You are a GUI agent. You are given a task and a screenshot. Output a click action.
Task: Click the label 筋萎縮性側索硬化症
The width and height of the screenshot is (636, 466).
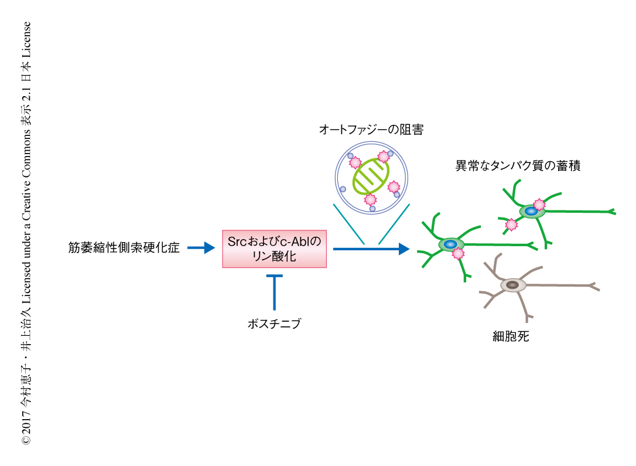124,249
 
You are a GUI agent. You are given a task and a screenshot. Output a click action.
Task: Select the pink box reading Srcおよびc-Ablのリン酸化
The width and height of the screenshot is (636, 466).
274,249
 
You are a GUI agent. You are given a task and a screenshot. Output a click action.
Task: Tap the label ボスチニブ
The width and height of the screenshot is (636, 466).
274,323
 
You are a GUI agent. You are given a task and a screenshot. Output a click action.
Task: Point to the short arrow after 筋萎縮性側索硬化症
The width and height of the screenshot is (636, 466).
201,249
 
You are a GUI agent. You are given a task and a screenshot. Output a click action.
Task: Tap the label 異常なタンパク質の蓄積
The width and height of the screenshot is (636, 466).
518,165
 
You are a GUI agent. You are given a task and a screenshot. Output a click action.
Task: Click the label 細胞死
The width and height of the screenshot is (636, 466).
511,337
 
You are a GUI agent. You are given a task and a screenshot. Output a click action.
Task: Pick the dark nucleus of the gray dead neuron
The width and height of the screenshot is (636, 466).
512,285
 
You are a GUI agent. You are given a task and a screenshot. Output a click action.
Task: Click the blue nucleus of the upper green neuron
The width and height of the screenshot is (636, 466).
531,211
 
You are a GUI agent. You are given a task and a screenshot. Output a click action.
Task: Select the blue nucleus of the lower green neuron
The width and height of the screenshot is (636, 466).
450,244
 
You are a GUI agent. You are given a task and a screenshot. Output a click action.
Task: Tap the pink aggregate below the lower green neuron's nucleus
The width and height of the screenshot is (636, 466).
457,254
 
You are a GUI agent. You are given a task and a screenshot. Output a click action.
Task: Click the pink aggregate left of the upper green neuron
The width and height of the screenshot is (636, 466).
511,225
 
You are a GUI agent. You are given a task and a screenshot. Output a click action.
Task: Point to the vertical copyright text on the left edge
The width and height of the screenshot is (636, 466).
26,233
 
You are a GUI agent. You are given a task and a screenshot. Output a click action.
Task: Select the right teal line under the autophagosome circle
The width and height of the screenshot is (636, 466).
392,225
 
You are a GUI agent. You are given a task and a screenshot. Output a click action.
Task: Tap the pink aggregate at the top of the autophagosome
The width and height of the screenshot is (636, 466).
384,156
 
